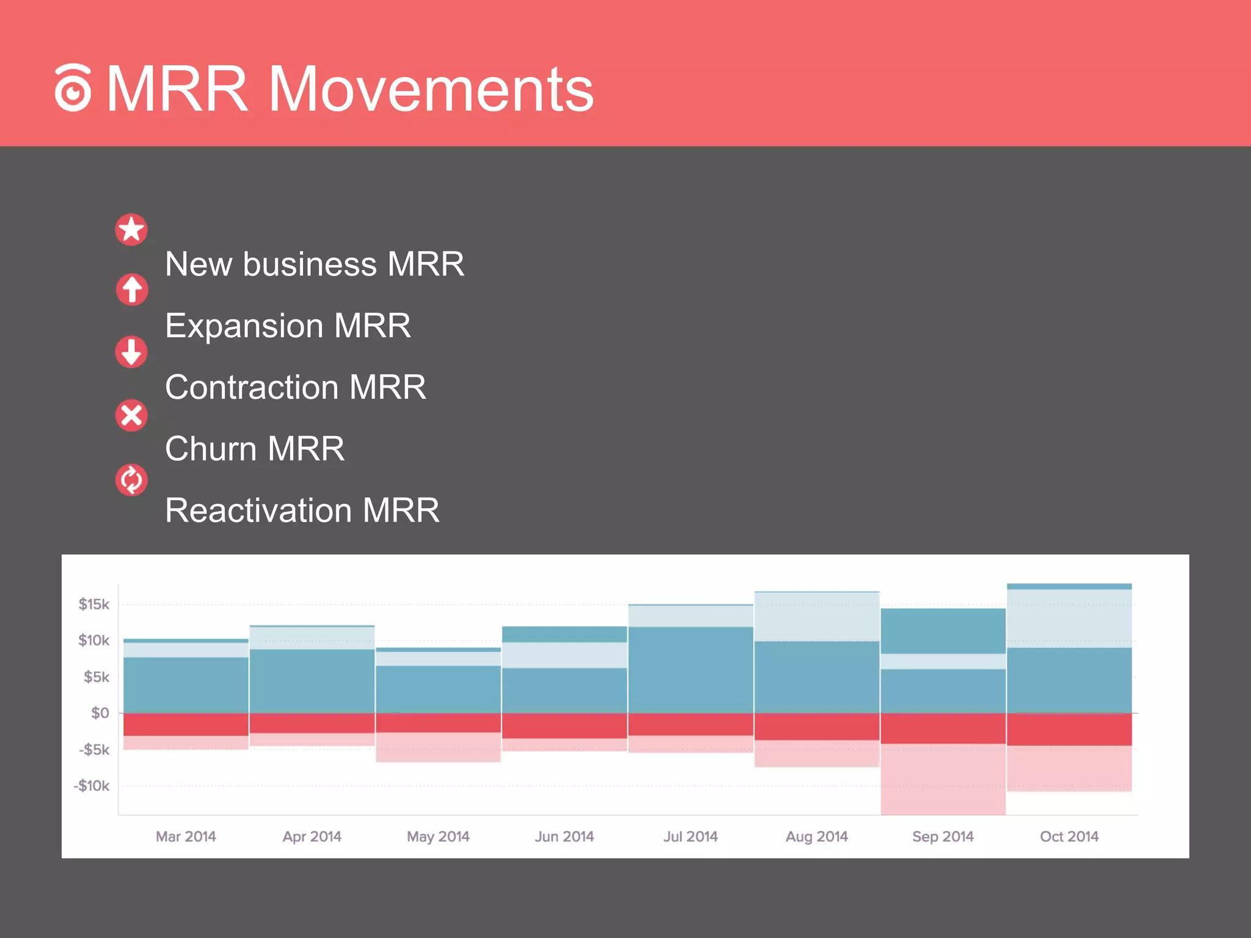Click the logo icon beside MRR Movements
(x=73, y=89)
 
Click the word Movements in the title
(x=430, y=90)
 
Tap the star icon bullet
(x=131, y=230)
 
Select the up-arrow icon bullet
(x=132, y=289)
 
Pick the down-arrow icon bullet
(x=131, y=352)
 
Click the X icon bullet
(x=131, y=416)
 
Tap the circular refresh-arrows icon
(x=131, y=480)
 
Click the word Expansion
(x=244, y=325)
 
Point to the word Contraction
(x=252, y=387)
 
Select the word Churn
(x=210, y=449)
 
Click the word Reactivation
(x=258, y=511)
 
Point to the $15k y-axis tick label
(x=93, y=605)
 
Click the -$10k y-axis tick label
(x=91, y=786)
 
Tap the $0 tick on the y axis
(x=100, y=713)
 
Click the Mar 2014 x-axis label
(x=186, y=837)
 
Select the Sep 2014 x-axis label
(x=943, y=837)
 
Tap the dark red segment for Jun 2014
(x=564, y=725)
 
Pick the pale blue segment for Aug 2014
(x=817, y=617)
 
